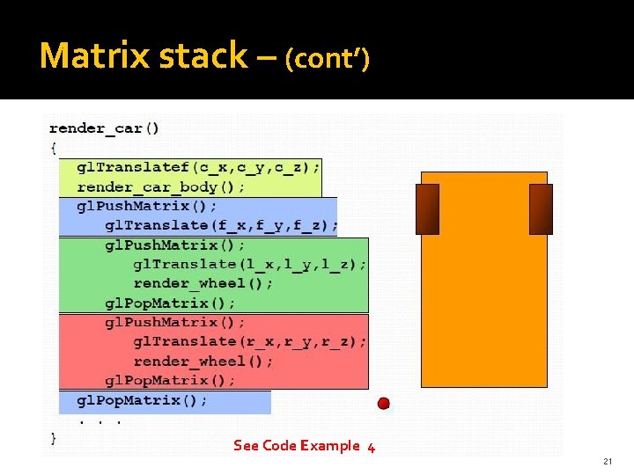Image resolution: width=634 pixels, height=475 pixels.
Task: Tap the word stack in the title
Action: point(203,56)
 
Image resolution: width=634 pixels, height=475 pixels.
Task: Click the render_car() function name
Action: point(104,128)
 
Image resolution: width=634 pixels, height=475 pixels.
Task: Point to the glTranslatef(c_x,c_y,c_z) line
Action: point(199,166)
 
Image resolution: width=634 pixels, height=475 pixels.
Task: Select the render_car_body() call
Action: point(161,186)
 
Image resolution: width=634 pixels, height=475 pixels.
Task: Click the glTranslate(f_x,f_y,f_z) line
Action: point(221,225)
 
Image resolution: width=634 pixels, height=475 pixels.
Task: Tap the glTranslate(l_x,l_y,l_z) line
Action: point(250,264)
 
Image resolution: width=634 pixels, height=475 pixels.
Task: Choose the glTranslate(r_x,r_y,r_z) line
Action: point(250,341)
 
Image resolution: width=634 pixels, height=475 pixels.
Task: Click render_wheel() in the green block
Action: point(203,283)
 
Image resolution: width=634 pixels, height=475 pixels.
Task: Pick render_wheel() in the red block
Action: point(203,361)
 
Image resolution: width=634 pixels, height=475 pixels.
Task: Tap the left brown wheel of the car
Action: point(428,209)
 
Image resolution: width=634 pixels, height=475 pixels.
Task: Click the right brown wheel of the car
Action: point(541,209)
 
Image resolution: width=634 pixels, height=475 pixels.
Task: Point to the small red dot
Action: point(383,404)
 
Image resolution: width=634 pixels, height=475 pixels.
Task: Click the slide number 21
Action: point(608,462)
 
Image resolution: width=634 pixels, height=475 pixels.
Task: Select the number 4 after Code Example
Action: point(371,447)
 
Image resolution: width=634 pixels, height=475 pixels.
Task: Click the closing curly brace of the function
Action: point(53,436)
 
